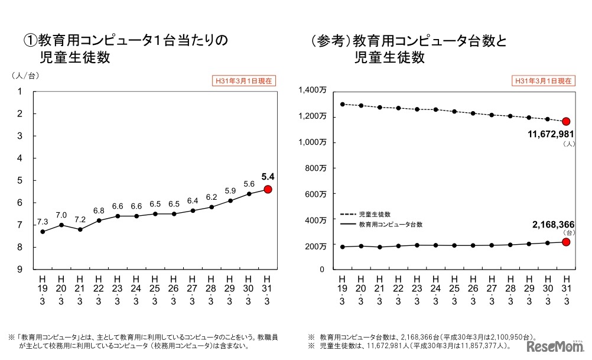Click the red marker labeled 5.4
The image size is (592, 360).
click(268, 189)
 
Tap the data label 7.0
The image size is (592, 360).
click(61, 215)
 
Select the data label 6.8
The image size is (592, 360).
click(99, 210)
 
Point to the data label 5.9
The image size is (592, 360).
click(230, 191)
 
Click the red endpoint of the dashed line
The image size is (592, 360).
click(566, 121)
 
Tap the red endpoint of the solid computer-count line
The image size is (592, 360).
click(566, 242)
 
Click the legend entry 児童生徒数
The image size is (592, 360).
click(378, 214)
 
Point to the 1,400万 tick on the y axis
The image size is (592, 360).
click(314, 90)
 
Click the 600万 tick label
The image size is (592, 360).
click(316, 193)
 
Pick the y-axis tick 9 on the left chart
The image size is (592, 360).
click(19, 270)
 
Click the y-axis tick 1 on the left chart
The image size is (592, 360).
click(19, 91)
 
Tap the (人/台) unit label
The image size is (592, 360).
click(25, 76)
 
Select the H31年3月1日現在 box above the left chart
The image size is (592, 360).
click(244, 81)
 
